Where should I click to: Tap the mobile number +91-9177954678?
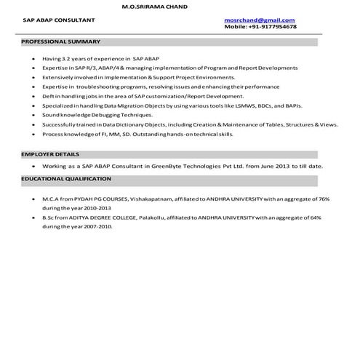pos(271,26)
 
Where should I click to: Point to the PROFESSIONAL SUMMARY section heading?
pos(61,41)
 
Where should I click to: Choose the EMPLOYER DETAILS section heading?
pos(50,154)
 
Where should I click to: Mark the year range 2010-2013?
pos(95,207)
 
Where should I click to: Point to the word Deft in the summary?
pos(48,96)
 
